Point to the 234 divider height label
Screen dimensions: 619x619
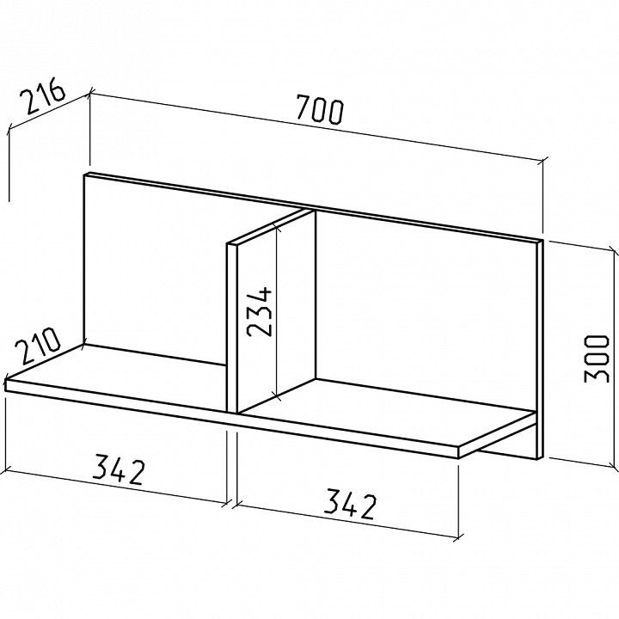tap(259, 313)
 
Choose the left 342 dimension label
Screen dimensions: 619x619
tap(118, 469)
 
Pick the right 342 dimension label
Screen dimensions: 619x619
tap(349, 505)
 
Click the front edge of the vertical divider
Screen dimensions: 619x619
tap(232, 328)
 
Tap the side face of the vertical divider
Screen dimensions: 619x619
tap(276, 312)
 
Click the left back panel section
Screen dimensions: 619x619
tap(154, 268)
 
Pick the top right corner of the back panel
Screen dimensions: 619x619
tap(543, 240)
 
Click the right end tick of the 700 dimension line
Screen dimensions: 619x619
tap(542, 161)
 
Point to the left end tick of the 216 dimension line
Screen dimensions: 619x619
tap(9, 130)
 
